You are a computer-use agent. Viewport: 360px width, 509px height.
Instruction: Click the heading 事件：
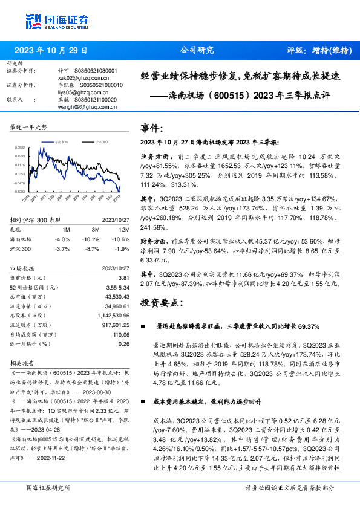click(x=152, y=128)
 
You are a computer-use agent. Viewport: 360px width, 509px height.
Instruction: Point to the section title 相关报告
click(x=22, y=364)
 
